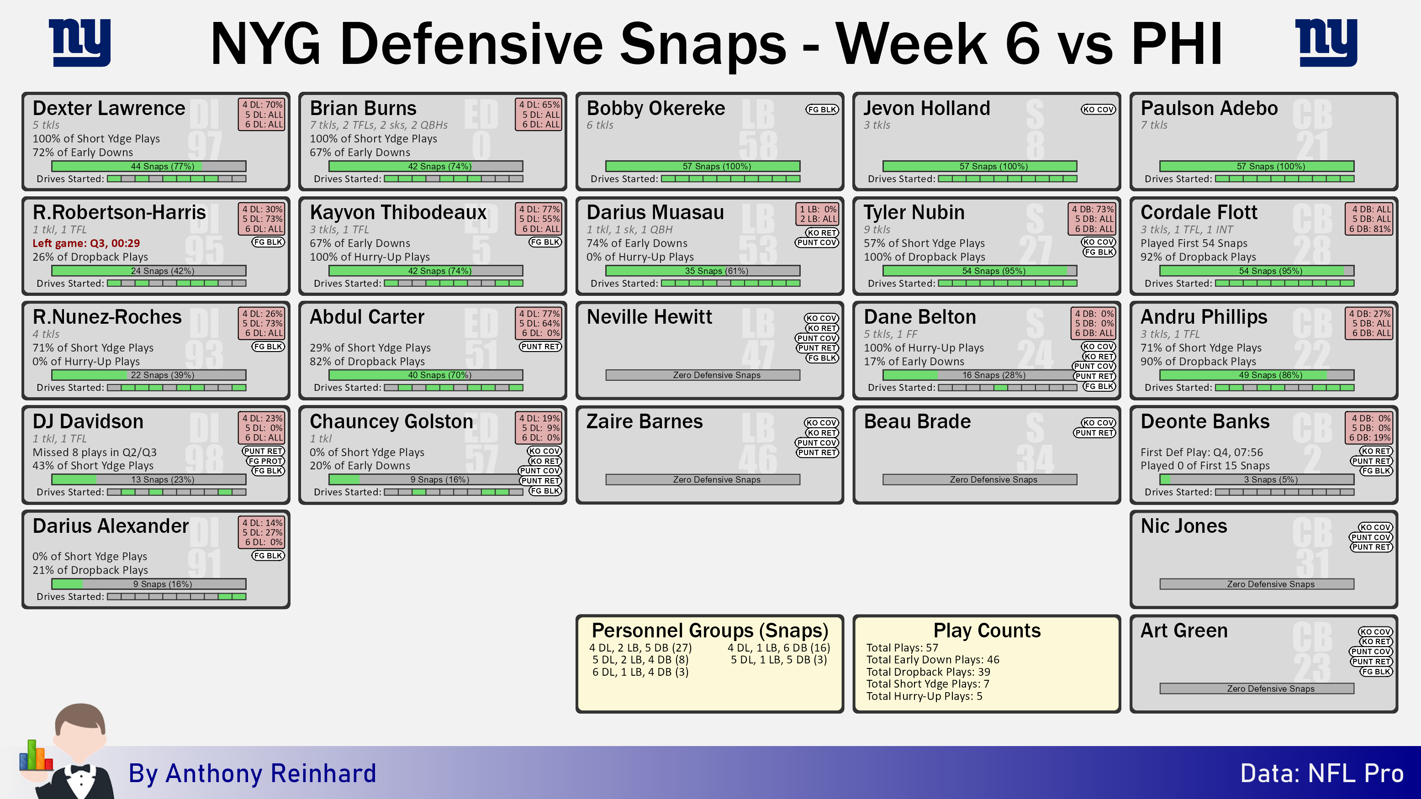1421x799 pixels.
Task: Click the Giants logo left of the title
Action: (x=79, y=42)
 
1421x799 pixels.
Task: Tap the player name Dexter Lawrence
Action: (x=109, y=108)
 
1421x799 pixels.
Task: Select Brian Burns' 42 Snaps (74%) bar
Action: (x=425, y=166)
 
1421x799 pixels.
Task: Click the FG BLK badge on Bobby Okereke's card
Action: (x=821, y=109)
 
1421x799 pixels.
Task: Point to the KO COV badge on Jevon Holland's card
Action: (x=1098, y=109)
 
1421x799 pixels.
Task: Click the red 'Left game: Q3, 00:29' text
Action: (x=86, y=243)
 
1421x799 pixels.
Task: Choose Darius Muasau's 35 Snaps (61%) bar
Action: (x=703, y=271)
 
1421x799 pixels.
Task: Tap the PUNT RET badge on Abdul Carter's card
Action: (x=540, y=346)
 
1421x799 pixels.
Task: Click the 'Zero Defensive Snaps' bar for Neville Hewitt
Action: (x=703, y=375)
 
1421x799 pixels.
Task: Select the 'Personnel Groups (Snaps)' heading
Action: (x=709, y=630)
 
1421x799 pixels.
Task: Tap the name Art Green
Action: (x=1184, y=630)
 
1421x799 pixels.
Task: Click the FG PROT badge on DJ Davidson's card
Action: (x=265, y=461)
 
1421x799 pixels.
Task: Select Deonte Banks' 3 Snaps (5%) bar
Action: (x=1257, y=480)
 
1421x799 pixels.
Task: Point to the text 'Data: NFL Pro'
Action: (x=1322, y=773)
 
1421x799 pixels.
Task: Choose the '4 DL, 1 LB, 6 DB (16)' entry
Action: (x=778, y=648)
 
